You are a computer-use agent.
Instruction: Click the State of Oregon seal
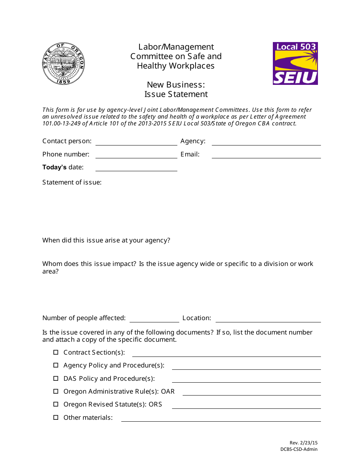point(63,63)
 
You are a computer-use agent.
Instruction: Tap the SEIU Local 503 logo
point(295,63)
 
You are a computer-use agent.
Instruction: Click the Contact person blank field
point(136,142)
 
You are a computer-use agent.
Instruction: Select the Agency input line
point(266,142)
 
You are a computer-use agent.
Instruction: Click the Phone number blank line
point(136,155)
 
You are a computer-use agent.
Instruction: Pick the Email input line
point(266,155)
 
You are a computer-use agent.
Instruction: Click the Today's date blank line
point(136,168)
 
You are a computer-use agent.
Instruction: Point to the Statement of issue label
point(72,182)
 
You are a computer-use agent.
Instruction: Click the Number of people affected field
point(154,319)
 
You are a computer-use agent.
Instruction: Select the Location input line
point(268,319)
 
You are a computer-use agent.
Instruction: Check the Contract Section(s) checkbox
point(56,352)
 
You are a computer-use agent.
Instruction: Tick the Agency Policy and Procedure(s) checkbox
point(56,365)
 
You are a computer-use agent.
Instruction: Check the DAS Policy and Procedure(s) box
point(56,378)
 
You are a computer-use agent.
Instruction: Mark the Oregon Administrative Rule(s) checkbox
point(56,391)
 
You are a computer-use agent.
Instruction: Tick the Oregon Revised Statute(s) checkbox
point(56,404)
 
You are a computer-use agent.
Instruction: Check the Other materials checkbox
point(56,418)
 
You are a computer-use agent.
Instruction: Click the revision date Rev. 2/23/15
point(304,443)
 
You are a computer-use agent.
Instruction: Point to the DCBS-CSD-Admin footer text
point(299,449)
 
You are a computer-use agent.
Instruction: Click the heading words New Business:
point(176,84)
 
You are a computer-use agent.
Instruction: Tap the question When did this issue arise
point(106,240)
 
